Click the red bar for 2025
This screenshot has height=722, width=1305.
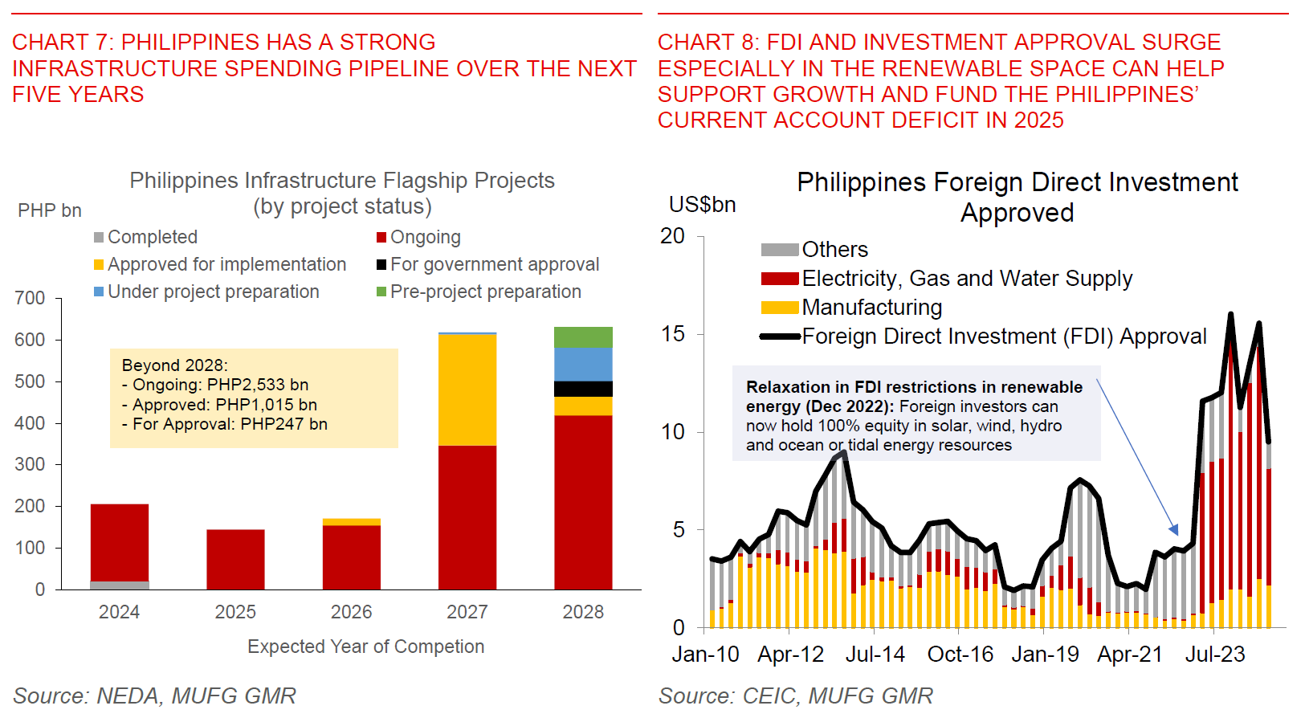pos(235,559)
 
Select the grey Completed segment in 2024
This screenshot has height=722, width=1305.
pos(120,585)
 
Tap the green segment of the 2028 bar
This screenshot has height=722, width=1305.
pos(583,337)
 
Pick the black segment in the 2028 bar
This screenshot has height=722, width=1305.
pos(583,389)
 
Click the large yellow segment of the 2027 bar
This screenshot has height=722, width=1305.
pos(467,390)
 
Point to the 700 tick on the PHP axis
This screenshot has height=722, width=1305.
pos(31,298)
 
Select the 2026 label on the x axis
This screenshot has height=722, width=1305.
pos(351,612)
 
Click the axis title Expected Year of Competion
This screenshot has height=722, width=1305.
pos(365,647)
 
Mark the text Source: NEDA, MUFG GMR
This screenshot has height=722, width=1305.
pos(154,695)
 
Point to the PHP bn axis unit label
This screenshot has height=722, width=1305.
pos(50,210)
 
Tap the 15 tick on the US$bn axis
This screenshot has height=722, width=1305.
pos(673,334)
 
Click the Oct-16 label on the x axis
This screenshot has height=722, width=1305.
pos(960,655)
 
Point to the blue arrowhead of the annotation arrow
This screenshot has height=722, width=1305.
pos(1174,530)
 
